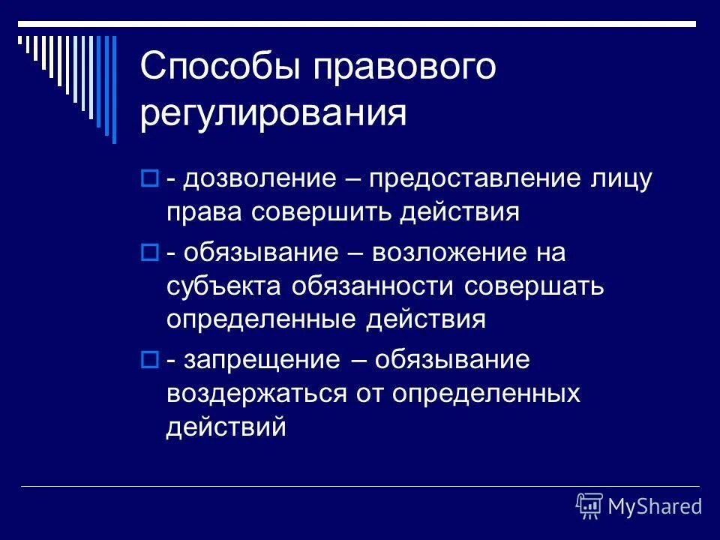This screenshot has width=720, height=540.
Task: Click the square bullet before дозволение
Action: click(148, 180)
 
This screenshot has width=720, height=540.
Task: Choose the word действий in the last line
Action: click(226, 426)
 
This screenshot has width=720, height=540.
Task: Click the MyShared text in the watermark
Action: click(655, 507)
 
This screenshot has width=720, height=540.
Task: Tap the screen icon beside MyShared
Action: click(589, 506)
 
